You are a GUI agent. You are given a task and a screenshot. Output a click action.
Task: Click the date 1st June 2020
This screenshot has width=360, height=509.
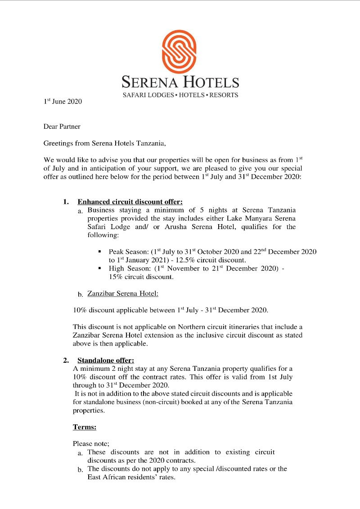coord(63,102)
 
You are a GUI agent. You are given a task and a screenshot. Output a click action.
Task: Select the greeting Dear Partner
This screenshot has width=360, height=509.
coord(62,127)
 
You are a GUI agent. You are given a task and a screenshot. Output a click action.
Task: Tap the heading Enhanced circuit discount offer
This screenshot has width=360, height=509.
coord(130,202)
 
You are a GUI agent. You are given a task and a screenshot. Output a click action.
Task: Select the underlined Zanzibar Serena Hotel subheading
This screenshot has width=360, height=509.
coord(122,293)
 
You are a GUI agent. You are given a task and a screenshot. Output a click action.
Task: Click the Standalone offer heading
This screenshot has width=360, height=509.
coord(106,360)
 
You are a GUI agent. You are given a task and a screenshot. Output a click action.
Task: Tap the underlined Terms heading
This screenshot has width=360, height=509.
coord(85,427)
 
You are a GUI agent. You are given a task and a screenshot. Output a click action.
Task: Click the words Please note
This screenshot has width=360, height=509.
coord(88,443)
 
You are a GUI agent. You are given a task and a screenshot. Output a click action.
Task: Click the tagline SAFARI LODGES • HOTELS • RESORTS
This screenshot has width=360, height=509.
coord(180,95)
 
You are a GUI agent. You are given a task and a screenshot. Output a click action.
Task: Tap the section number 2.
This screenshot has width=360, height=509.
coord(66,360)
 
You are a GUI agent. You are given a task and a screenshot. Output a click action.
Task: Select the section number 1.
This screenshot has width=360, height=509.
coord(66,202)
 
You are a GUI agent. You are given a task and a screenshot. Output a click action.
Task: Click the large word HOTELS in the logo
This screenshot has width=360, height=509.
coord(210,82)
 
